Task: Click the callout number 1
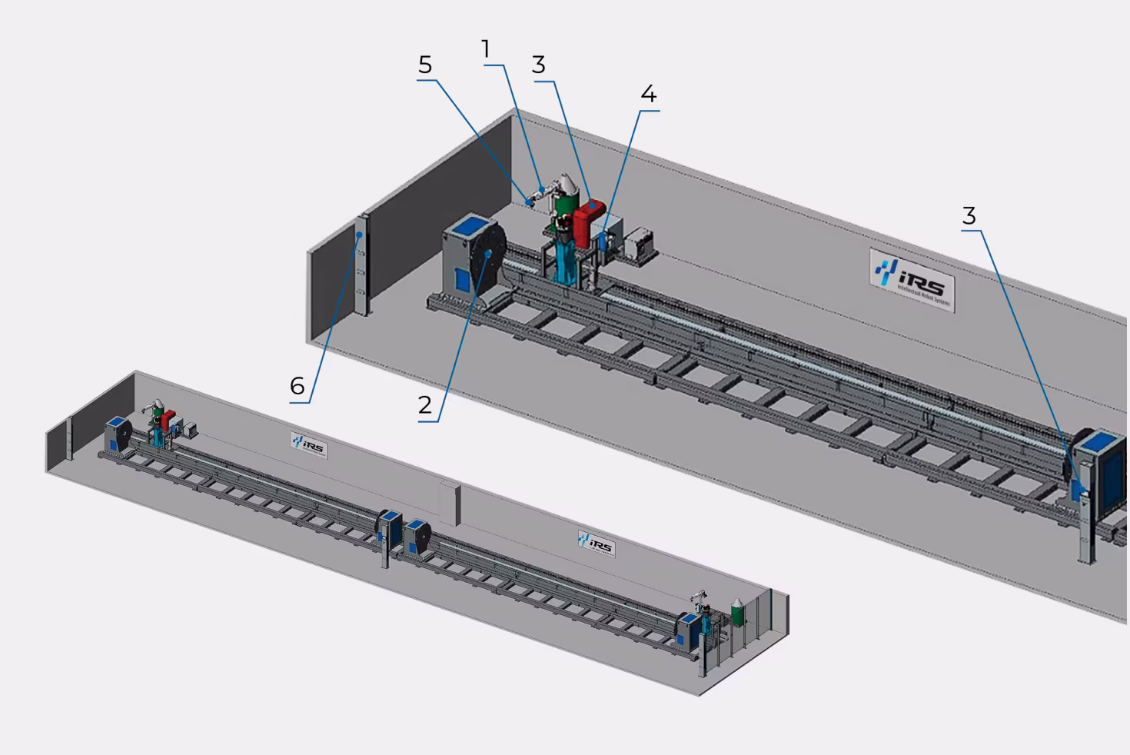[486, 50]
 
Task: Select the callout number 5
[425, 66]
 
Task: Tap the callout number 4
[649, 95]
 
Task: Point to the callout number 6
[297, 385]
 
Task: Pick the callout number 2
[425, 405]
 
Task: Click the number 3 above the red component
[539, 65]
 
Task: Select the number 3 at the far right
[969, 217]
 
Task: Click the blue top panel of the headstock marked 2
[467, 229]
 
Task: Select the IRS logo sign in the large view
[912, 278]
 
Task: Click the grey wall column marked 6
[362, 265]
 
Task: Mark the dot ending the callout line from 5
[528, 201]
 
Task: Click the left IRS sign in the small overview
[309, 445]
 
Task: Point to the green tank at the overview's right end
[737, 611]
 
